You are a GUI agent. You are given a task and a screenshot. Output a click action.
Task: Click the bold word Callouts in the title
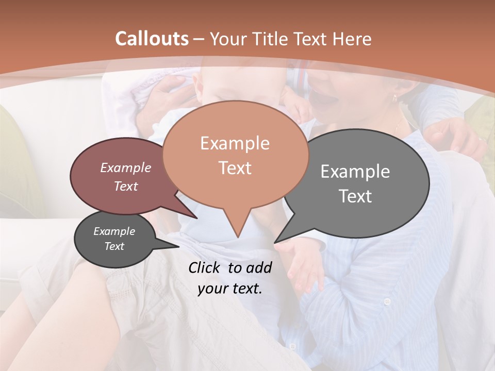click(152, 39)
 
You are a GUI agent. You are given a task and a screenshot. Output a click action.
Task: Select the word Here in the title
click(353, 39)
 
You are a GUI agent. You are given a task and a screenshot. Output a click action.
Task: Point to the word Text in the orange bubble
click(235, 167)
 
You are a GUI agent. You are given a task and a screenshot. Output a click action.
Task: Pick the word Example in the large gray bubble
click(355, 172)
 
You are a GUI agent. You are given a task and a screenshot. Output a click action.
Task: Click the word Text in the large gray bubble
click(355, 196)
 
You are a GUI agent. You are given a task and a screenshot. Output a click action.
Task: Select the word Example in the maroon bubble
click(126, 167)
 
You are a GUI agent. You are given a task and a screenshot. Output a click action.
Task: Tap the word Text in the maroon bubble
click(126, 186)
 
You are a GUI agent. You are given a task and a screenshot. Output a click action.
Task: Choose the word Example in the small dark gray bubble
click(114, 231)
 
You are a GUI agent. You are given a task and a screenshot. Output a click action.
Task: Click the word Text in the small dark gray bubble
click(114, 246)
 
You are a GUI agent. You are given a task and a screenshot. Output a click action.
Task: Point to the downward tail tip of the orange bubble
click(238, 238)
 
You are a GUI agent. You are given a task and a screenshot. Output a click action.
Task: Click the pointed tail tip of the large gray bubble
click(275, 242)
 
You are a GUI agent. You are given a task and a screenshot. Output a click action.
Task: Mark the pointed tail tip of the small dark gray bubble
click(178, 247)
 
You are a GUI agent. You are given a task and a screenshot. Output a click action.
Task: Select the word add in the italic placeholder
click(259, 267)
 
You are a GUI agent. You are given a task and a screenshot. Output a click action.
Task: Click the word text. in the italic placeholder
click(247, 289)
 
